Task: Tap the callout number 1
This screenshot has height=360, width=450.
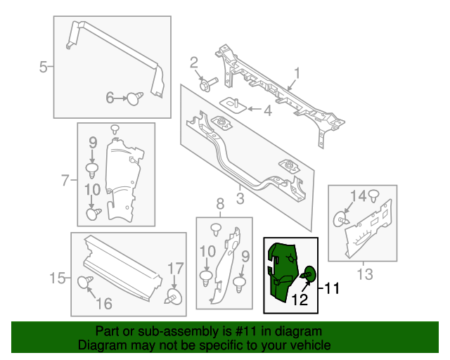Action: (297, 73)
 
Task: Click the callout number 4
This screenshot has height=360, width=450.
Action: (267, 110)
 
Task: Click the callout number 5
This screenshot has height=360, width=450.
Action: (43, 67)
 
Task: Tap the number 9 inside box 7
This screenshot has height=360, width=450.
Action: (92, 144)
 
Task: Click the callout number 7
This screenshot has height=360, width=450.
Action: (65, 181)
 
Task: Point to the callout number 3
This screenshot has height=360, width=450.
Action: (240, 199)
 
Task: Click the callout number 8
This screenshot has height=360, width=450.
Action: (220, 205)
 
